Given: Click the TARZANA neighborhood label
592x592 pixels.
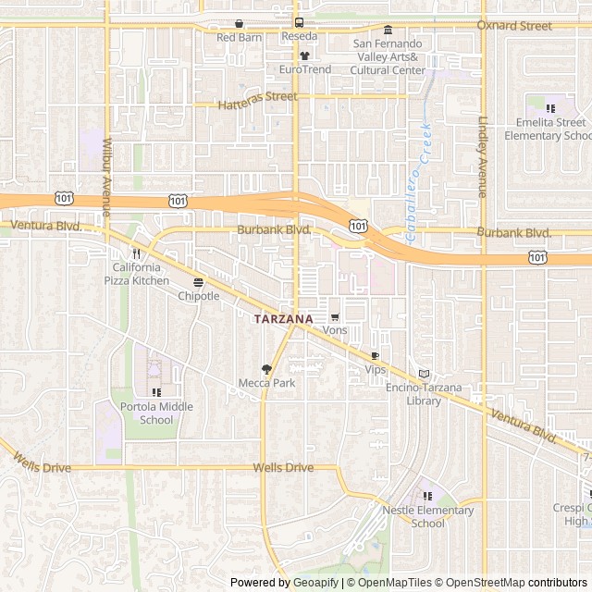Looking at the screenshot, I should tap(283, 317).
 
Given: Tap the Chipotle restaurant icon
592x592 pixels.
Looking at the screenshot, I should tap(198, 282).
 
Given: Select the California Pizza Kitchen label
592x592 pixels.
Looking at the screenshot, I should tap(135, 274).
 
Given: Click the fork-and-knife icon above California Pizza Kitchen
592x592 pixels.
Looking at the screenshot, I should tap(135, 253).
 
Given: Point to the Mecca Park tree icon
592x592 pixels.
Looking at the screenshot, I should tap(266, 368).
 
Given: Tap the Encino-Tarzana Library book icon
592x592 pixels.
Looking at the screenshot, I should tap(425, 374).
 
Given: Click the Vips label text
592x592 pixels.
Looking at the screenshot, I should tap(375, 369).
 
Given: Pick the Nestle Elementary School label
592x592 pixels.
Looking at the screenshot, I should tap(428, 516).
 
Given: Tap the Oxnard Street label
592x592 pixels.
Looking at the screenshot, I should tap(513, 26).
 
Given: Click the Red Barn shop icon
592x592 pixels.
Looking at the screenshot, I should tap(240, 24).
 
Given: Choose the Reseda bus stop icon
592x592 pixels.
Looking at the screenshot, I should tap(298, 23).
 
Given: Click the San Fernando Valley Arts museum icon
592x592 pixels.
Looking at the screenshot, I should tap(388, 29).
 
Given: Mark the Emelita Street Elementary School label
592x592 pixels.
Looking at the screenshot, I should tap(547, 129).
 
